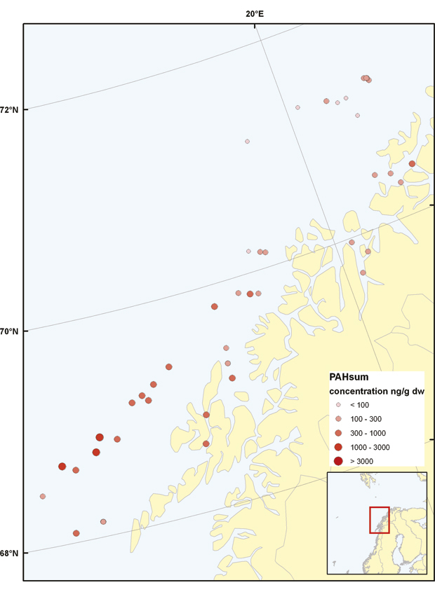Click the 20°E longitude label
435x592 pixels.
click(254, 13)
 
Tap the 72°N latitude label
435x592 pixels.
click(10, 109)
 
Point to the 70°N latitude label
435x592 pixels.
click(10, 331)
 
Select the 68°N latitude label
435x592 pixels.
click(10, 553)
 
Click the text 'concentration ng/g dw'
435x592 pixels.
click(374, 391)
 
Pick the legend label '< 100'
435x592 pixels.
click(360, 405)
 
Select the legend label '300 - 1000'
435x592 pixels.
click(368, 433)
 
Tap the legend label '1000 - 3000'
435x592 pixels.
click(370, 447)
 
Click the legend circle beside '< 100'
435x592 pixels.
click(338, 405)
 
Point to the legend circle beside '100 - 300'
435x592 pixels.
click(338, 419)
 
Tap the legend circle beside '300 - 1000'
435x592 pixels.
click(338, 433)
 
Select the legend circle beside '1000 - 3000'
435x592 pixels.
click(338, 447)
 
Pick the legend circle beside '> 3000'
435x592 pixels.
click(338, 461)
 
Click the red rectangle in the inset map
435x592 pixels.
click(379, 519)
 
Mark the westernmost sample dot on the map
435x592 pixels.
click(43, 496)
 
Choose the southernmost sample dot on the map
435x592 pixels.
click(76, 533)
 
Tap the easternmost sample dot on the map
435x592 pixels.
click(412, 164)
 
